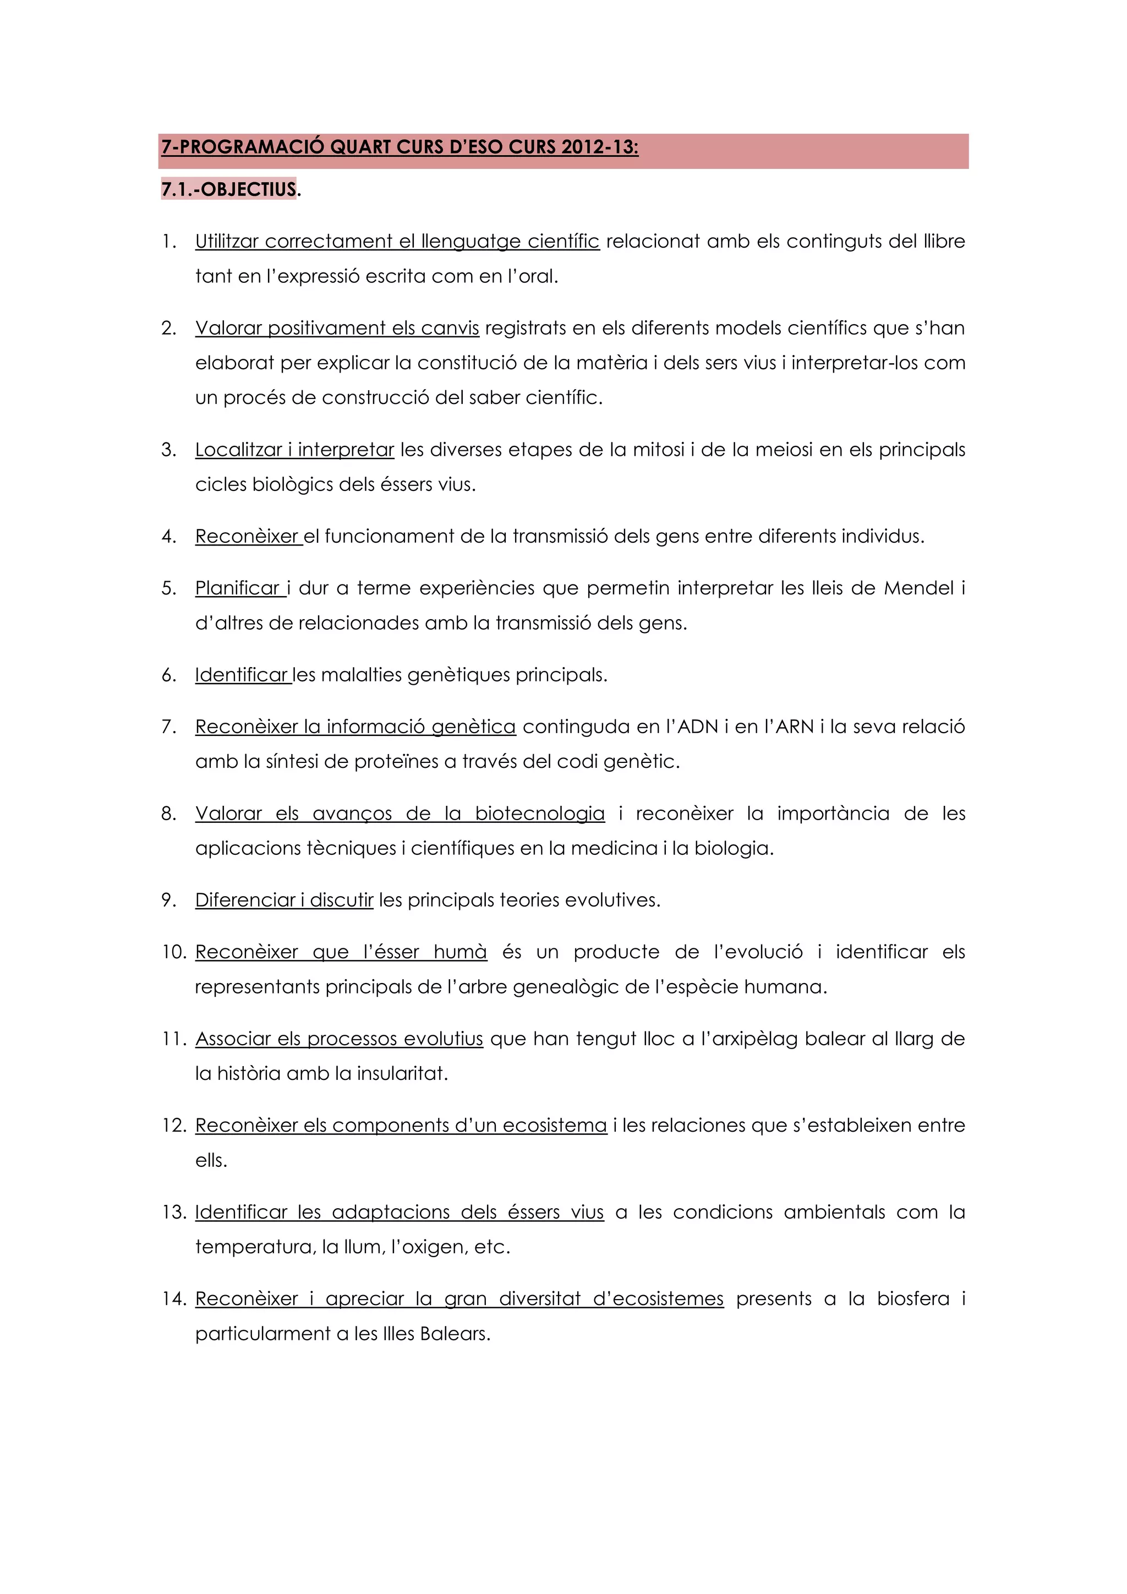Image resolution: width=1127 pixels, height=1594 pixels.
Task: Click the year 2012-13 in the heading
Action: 598,147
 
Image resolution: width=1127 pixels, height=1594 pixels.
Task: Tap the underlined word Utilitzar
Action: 226,242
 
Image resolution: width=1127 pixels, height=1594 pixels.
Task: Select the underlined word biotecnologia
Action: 539,814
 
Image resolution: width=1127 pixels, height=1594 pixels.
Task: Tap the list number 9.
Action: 168,900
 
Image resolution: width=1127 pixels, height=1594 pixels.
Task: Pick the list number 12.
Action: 173,1126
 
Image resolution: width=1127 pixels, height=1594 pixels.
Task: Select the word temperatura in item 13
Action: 255,1248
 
